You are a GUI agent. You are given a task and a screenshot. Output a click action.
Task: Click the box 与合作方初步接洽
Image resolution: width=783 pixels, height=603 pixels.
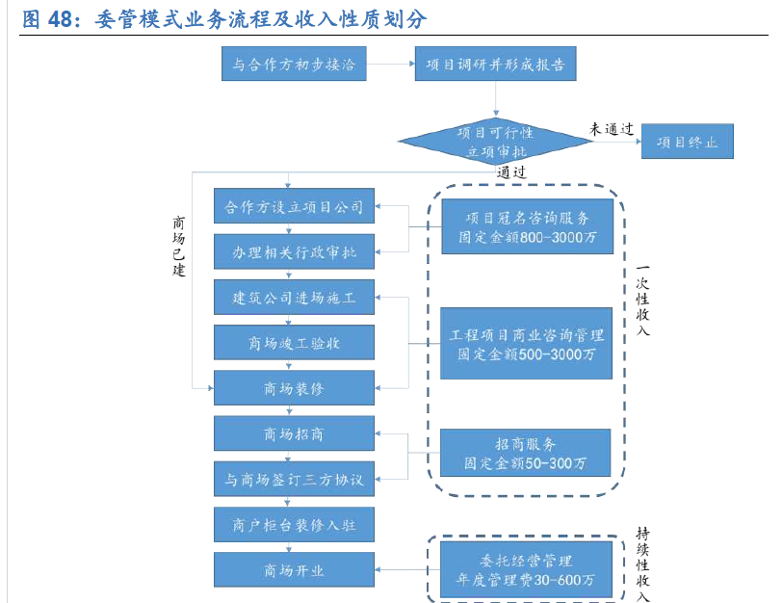293,66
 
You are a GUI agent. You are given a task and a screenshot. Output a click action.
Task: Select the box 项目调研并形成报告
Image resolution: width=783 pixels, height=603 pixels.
495,66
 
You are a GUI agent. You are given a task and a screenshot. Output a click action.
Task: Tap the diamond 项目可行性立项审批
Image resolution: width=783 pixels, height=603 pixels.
495,142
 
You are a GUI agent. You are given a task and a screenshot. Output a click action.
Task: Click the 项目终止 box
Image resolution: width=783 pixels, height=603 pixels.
687,142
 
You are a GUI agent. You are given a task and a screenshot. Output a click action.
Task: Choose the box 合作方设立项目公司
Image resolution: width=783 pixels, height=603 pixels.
294,207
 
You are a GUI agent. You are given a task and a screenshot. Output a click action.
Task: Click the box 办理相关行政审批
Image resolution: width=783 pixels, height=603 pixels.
294,252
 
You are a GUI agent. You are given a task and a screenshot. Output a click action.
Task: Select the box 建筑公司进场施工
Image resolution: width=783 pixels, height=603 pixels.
294,298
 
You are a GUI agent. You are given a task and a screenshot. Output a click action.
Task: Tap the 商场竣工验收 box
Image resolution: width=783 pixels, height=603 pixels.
294,342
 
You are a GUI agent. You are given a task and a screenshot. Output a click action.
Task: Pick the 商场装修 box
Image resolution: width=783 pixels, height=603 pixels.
294,388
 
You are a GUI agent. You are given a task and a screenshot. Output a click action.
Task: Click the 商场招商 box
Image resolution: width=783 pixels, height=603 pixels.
294,434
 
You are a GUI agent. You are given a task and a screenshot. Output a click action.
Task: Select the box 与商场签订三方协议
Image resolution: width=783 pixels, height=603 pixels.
294,479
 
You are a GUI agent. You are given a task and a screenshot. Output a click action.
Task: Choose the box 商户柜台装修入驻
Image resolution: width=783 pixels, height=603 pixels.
294,525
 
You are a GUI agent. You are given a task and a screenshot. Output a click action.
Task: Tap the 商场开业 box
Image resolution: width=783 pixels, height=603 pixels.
294,570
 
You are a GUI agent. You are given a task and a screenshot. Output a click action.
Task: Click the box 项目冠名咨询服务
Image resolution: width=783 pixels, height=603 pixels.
527,226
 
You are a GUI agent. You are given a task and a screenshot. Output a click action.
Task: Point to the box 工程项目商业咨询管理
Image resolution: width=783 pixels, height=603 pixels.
527,344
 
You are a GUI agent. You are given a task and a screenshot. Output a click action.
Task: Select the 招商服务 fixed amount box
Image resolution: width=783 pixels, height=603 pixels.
526,453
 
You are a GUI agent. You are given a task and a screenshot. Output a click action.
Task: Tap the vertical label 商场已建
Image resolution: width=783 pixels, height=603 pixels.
178,245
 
